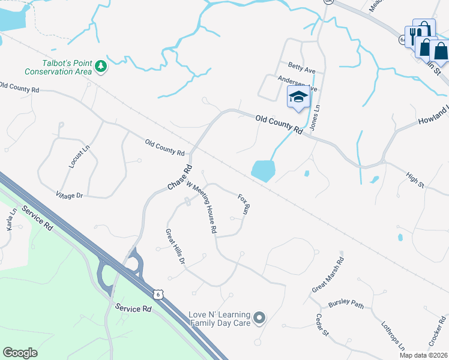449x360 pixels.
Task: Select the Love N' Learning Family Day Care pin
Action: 259,317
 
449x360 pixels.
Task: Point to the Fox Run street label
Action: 243,205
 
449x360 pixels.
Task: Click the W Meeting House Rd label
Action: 202,207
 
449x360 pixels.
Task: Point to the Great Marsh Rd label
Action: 327,275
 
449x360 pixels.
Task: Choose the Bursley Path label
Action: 346,304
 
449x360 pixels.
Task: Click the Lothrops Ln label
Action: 393,336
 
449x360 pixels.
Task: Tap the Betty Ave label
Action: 301,70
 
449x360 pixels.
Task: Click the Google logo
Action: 20,353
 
